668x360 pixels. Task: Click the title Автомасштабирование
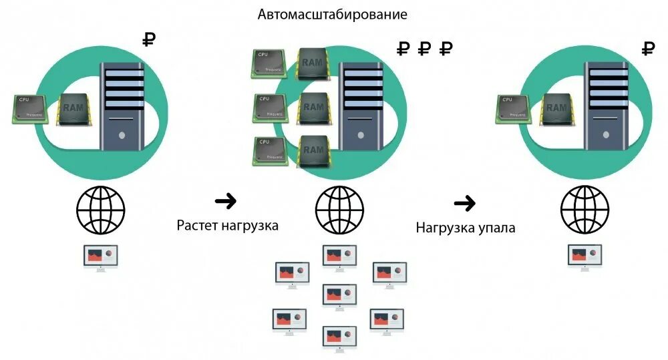(x=333, y=13)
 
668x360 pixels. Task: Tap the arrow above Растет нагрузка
(x=226, y=200)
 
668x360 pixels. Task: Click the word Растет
(x=198, y=225)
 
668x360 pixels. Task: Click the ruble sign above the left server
(x=150, y=39)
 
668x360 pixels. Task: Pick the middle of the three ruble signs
(x=425, y=48)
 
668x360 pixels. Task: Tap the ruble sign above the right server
(x=648, y=48)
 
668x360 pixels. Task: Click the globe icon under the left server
(x=100, y=208)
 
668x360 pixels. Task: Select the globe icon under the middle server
(x=339, y=208)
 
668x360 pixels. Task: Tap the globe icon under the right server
(x=584, y=208)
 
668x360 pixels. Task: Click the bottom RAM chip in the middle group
(x=313, y=150)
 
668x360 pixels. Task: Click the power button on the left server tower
(x=122, y=134)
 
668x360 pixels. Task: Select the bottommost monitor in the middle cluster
(x=339, y=337)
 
